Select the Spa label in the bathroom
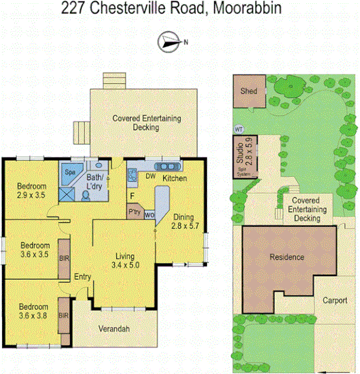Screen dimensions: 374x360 point(69,172)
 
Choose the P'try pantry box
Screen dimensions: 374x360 point(135,212)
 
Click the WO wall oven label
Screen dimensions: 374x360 point(149,215)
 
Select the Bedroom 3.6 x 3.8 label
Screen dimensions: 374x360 point(33,311)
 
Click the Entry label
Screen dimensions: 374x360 point(82,277)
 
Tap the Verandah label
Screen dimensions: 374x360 point(114,329)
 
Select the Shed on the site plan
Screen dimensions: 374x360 point(249,91)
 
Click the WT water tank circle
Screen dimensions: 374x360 point(238,128)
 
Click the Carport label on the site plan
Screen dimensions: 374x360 point(335,302)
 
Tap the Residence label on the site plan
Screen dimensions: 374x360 point(286,257)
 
